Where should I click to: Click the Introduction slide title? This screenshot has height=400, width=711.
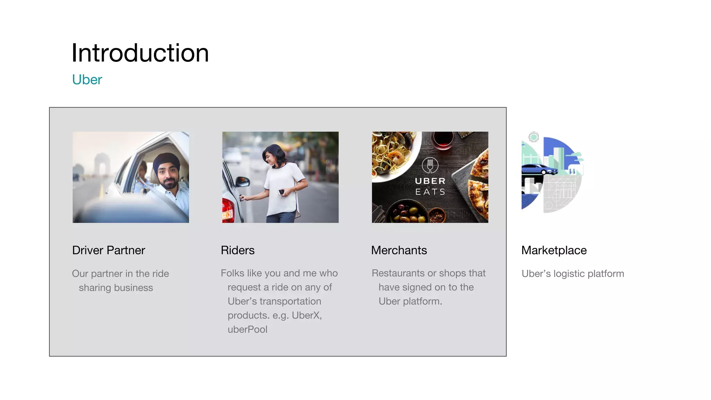[x=140, y=53]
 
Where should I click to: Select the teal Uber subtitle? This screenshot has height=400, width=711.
[x=87, y=80]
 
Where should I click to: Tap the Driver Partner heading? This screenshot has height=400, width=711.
[x=108, y=250]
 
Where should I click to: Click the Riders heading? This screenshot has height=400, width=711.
[x=237, y=250]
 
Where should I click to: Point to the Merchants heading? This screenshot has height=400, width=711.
[x=399, y=250]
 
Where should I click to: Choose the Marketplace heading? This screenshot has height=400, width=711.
[x=554, y=250]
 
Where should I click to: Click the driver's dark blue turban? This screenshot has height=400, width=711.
[x=166, y=162]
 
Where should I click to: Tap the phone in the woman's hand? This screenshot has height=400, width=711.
[x=281, y=192]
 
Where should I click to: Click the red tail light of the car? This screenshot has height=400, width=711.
[x=227, y=210]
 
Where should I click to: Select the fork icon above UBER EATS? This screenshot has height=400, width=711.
[x=430, y=165]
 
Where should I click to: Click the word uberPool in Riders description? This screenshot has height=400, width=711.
[x=248, y=329]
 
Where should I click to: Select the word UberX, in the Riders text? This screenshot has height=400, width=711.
[x=307, y=315]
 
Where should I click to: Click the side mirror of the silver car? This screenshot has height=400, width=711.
[x=242, y=182]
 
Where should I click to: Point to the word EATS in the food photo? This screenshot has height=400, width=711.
[x=430, y=192]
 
